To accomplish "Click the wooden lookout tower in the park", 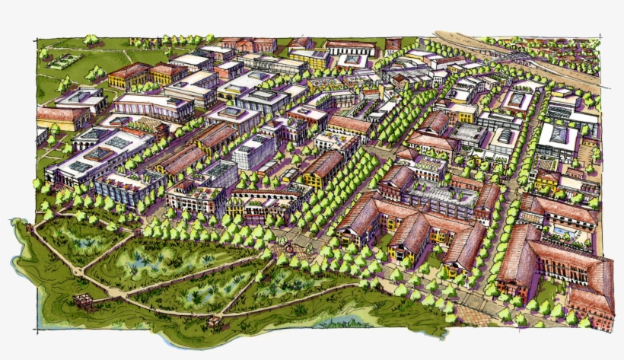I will point(84,300).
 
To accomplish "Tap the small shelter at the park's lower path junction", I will point(215,323).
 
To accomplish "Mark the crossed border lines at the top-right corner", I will point(601,38).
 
